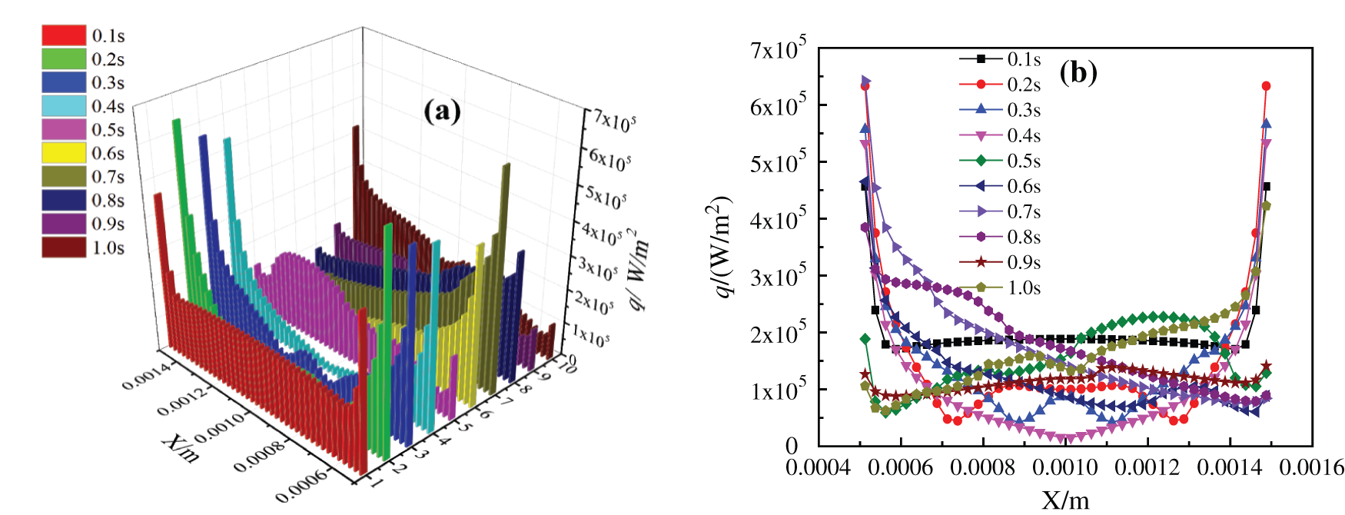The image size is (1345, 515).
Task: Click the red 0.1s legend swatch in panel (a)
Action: [x=64, y=35]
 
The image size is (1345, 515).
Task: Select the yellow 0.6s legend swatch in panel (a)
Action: [x=64, y=153]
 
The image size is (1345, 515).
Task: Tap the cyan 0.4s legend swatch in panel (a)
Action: [x=64, y=106]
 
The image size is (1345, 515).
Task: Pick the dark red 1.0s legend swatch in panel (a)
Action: [x=64, y=247]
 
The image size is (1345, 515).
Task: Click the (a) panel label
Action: [x=442, y=111]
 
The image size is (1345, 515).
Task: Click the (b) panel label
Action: [x=1078, y=72]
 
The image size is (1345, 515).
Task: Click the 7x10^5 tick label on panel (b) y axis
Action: [x=778, y=49]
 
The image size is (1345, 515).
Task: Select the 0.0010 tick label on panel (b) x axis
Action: [x=1064, y=467]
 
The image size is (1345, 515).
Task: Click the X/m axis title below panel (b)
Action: [x=1065, y=500]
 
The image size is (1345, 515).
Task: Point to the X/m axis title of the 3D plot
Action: [x=181, y=448]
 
